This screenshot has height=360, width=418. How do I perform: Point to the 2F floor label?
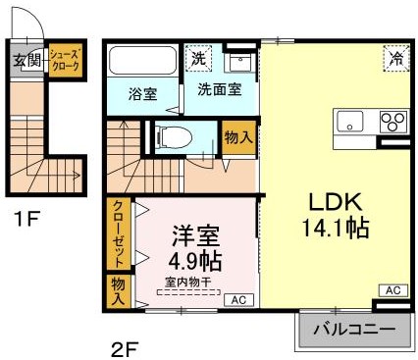tap(124, 346)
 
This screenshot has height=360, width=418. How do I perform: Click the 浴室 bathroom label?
tap(143, 95)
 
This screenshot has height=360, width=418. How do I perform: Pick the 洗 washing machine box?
tap(199, 57)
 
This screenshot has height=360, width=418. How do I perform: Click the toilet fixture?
tap(170, 135)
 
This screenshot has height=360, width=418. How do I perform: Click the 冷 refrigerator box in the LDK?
tap(395, 58)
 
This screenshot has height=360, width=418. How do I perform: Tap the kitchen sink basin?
tap(350, 123)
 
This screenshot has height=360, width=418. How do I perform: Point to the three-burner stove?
tap(393, 123)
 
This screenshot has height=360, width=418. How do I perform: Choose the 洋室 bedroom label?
tap(195, 235)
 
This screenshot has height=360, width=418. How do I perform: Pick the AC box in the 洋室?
tap(236, 299)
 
